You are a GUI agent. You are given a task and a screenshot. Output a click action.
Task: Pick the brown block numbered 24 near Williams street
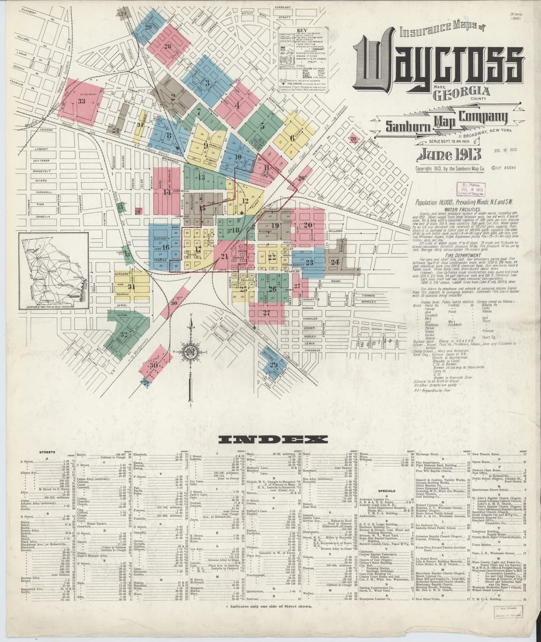(335, 262)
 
